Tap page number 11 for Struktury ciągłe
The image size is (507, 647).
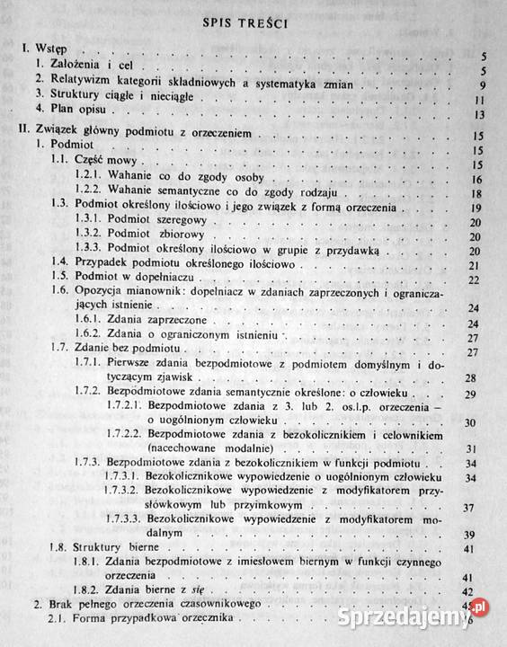point(481,101)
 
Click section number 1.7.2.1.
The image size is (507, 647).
point(123,407)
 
